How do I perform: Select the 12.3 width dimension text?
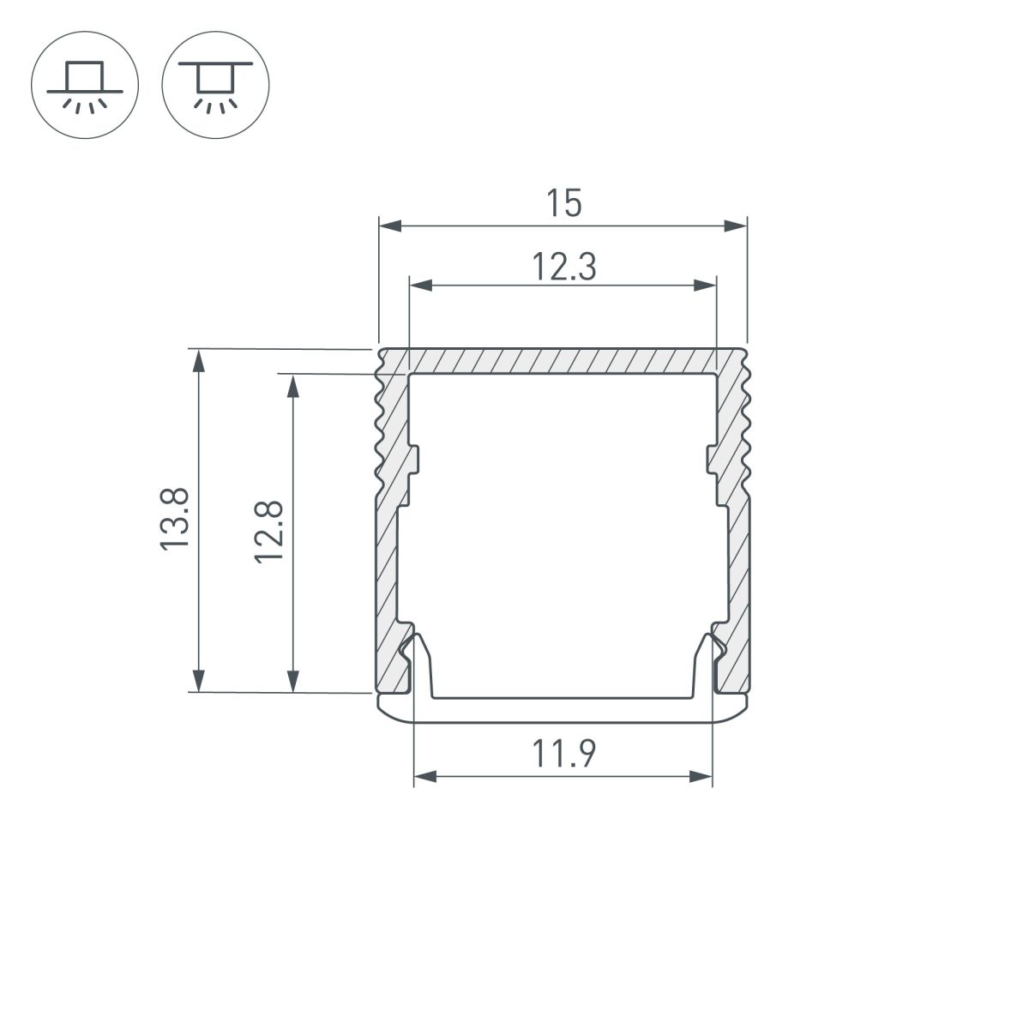(x=563, y=268)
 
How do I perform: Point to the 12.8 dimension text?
(x=268, y=532)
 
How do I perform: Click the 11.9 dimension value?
(x=563, y=755)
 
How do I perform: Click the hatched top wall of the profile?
(x=563, y=361)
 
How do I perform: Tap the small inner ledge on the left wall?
(x=413, y=459)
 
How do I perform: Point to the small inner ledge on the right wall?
(x=712, y=459)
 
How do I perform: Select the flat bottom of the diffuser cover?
(x=563, y=711)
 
